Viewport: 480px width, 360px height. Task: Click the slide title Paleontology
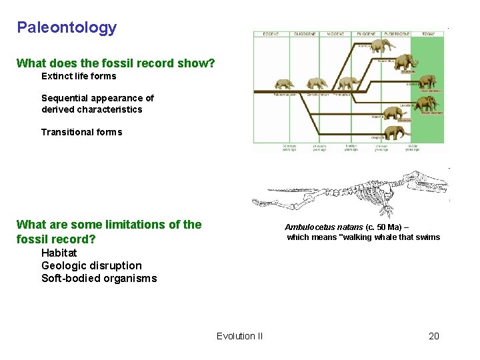click(x=67, y=27)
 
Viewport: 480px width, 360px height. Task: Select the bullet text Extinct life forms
click(x=79, y=76)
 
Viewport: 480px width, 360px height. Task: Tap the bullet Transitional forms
click(x=81, y=132)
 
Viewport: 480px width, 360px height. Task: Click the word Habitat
click(x=59, y=253)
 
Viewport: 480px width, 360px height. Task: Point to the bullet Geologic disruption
click(x=91, y=265)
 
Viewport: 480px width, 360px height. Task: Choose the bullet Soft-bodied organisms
click(x=99, y=279)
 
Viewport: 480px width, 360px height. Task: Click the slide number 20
click(x=433, y=336)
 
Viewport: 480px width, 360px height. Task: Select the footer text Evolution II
click(x=239, y=336)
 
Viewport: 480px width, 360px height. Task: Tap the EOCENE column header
click(x=271, y=33)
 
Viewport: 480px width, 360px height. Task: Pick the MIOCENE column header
click(x=335, y=33)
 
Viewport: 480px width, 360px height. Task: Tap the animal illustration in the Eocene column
click(x=284, y=84)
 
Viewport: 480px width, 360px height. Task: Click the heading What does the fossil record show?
click(x=115, y=63)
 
